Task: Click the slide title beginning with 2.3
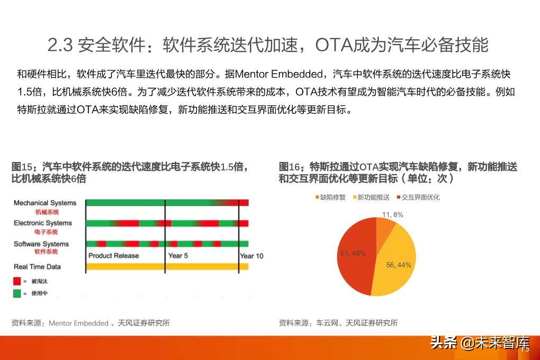tap(267, 45)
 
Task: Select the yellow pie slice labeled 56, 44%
tap(394, 262)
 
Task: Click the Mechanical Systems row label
tap(45, 203)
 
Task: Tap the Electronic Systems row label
tap(43, 223)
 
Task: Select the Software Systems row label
tap(41, 244)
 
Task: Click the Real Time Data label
tap(37, 266)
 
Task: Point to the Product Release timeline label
tap(113, 256)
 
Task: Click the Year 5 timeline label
tap(178, 256)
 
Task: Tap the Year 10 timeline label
tap(251, 256)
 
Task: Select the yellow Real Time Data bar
tap(167, 266)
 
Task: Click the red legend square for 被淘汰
tap(17, 281)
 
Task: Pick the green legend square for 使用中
tap(17, 293)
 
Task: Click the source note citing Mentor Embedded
tap(91, 323)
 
